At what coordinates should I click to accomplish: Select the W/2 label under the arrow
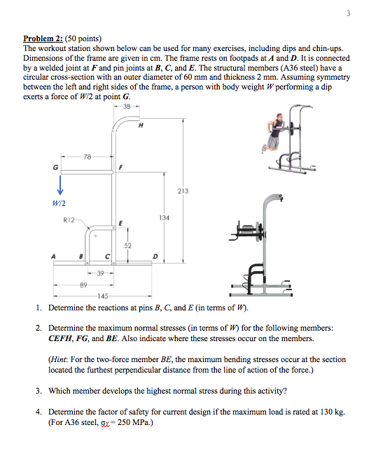click(x=58, y=203)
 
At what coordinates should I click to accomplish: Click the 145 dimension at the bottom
click(x=104, y=296)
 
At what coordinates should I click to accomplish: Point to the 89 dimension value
click(x=84, y=285)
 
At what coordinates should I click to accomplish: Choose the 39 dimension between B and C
click(x=102, y=273)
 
